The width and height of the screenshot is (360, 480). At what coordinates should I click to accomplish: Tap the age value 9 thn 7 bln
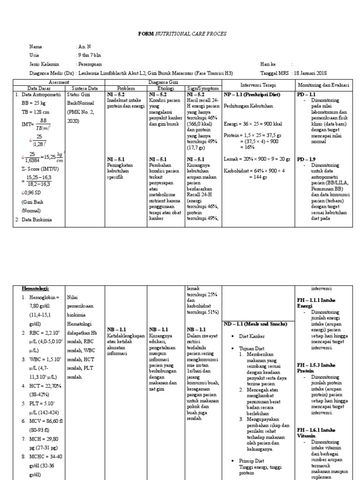89,55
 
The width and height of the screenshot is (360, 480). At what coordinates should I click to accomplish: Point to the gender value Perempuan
90,64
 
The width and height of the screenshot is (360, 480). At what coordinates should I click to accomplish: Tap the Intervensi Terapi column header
258,85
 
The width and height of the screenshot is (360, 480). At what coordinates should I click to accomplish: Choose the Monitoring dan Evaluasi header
322,85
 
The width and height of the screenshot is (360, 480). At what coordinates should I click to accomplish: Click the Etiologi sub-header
165,88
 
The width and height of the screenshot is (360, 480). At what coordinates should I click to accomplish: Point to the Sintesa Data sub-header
85,88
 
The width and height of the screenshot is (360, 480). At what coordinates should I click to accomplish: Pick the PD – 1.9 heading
307,159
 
